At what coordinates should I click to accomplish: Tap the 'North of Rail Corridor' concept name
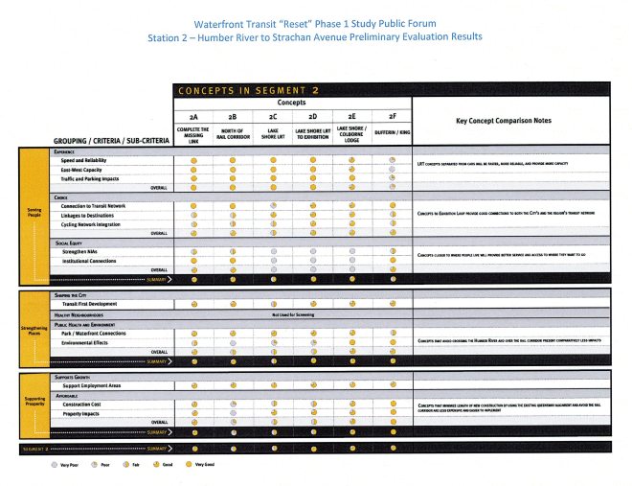(x=234, y=133)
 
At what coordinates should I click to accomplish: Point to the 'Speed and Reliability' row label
(x=85, y=160)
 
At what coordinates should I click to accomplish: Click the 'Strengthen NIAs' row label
(x=80, y=251)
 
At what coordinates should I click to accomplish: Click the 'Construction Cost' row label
(x=83, y=404)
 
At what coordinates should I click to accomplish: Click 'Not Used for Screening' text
(x=292, y=313)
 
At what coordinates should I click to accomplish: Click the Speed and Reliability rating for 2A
(x=194, y=160)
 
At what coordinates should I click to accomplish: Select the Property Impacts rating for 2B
(x=234, y=413)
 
